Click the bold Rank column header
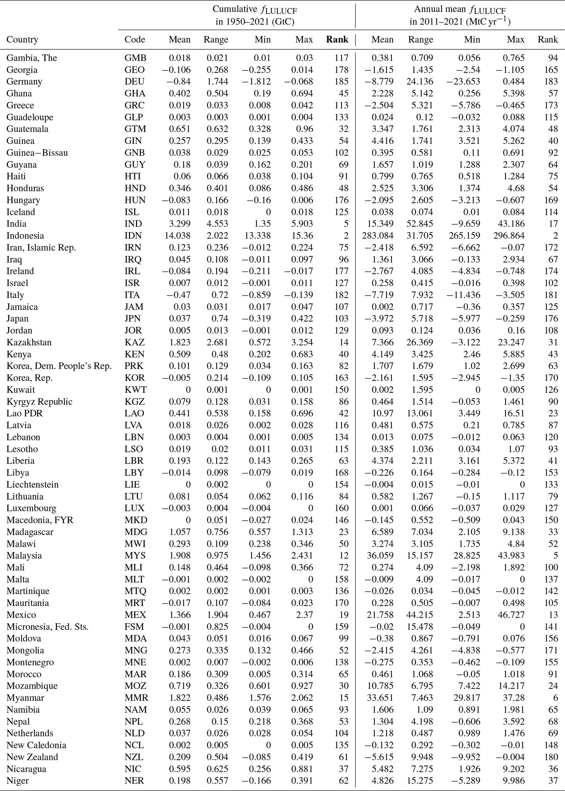(337, 40)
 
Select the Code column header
(135, 40)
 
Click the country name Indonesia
(25, 236)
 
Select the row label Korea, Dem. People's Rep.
(59, 366)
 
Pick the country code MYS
(135, 555)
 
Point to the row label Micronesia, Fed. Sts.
(47, 627)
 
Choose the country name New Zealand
(32, 757)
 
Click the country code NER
(134, 781)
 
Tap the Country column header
(22, 40)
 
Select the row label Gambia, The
(32, 58)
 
